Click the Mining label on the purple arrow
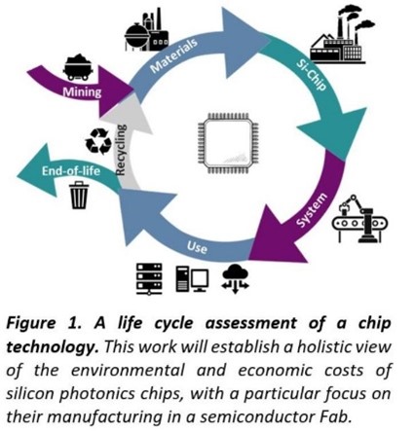tap(82, 92)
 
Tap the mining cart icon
tap(78, 67)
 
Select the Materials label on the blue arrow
tap(173, 55)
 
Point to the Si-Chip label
tap(311, 75)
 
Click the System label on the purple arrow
tap(312, 210)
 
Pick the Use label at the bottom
tap(197, 247)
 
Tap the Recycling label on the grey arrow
tap(121, 150)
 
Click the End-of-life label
tap(71, 170)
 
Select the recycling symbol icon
tap(98, 141)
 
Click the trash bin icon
tap(79, 195)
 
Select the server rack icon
tap(149, 279)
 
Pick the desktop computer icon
tap(192, 279)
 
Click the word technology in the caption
tap(52, 347)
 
